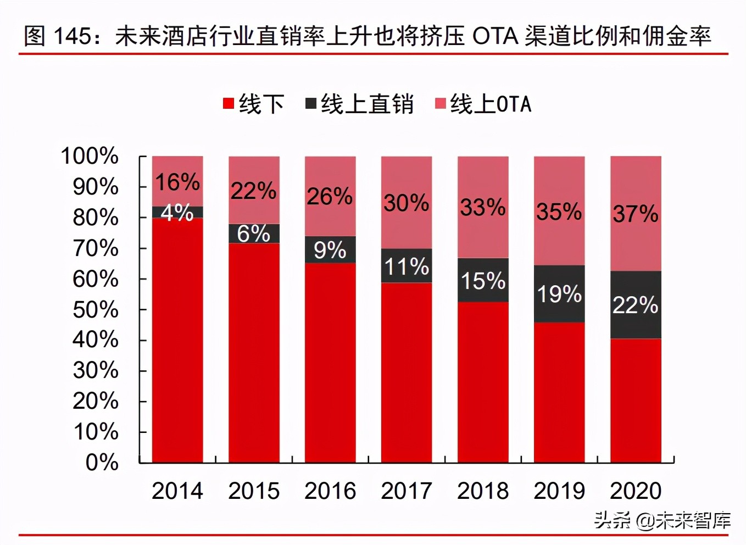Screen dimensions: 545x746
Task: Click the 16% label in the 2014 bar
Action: (x=177, y=182)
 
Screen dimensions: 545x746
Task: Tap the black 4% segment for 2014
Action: (x=177, y=212)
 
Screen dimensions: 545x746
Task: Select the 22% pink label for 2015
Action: (x=253, y=191)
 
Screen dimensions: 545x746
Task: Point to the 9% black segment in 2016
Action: (x=330, y=250)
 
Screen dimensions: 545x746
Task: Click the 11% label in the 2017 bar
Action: (x=406, y=266)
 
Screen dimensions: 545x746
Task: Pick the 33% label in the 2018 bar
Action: (x=482, y=207)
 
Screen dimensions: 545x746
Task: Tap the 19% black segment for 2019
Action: (x=559, y=294)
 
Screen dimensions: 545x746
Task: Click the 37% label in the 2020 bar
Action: (x=635, y=214)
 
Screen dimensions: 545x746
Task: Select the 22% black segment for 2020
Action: (x=635, y=305)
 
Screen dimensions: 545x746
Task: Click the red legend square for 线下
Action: (x=229, y=103)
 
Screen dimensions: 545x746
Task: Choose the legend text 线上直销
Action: (x=367, y=104)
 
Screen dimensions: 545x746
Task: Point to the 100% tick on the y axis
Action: (x=90, y=156)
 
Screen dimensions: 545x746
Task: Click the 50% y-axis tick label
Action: (x=95, y=310)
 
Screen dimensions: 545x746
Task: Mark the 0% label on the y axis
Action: (x=102, y=462)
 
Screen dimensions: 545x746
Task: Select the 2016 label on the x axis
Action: (x=330, y=491)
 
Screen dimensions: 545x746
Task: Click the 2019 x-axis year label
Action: (x=559, y=491)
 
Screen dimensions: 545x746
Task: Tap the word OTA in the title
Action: (x=495, y=36)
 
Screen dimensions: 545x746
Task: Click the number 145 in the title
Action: (x=72, y=36)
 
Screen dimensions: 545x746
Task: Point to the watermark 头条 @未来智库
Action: (x=662, y=520)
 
